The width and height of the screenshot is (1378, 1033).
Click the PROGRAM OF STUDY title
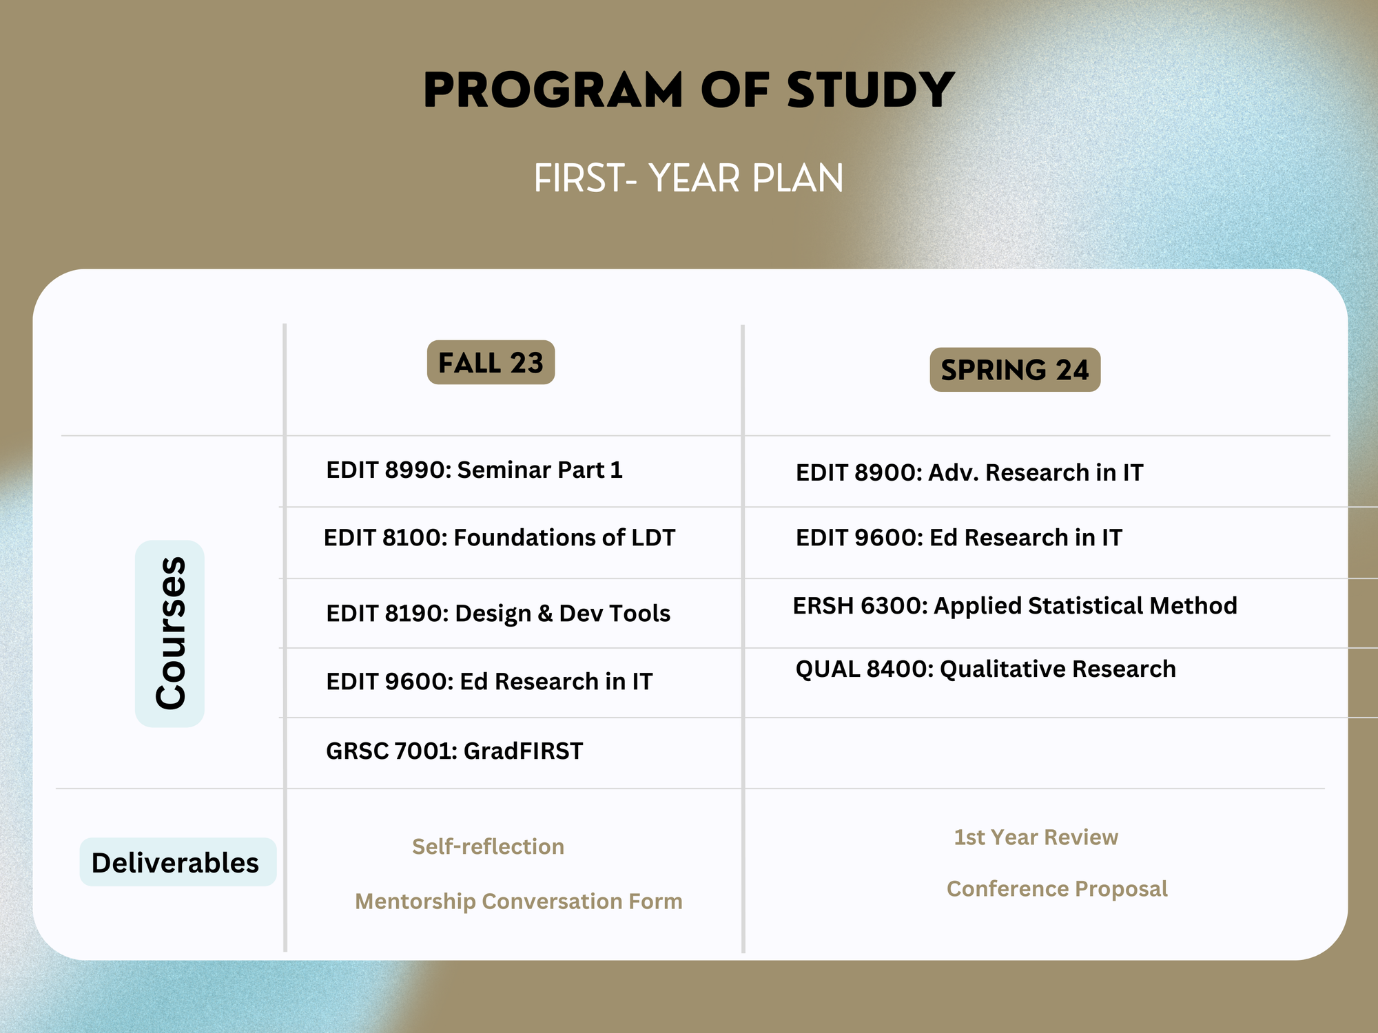point(689,90)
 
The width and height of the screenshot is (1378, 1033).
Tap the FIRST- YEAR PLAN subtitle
point(689,178)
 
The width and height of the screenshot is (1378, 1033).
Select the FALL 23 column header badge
point(491,362)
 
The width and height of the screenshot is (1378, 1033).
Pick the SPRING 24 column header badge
point(1015,370)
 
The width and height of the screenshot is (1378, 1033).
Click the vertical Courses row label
point(170,634)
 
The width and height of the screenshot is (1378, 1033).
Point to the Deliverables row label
point(178,862)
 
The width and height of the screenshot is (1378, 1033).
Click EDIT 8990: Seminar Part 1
point(474,470)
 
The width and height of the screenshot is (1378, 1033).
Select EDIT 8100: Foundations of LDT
point(500,537)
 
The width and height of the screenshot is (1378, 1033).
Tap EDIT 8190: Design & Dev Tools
point(498,613)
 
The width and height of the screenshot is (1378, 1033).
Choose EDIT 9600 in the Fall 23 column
point(489,681)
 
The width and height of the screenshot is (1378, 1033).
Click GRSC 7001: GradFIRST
point(454,751)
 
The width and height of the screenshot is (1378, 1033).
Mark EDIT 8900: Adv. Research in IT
point(969,472)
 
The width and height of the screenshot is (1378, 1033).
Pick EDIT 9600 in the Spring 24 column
point(959,537)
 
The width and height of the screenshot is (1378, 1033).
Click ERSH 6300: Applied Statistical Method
point(1015,605)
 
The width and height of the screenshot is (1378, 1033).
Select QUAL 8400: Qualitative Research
point(986,669)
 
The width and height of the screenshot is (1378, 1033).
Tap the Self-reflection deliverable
point(488,846)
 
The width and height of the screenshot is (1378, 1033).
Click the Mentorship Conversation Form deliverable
point(519,901)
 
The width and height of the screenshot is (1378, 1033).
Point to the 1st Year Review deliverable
point(1036,837)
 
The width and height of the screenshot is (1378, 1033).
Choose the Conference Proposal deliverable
point(1057,888)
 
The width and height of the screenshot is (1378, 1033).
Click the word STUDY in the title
point(871,90)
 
